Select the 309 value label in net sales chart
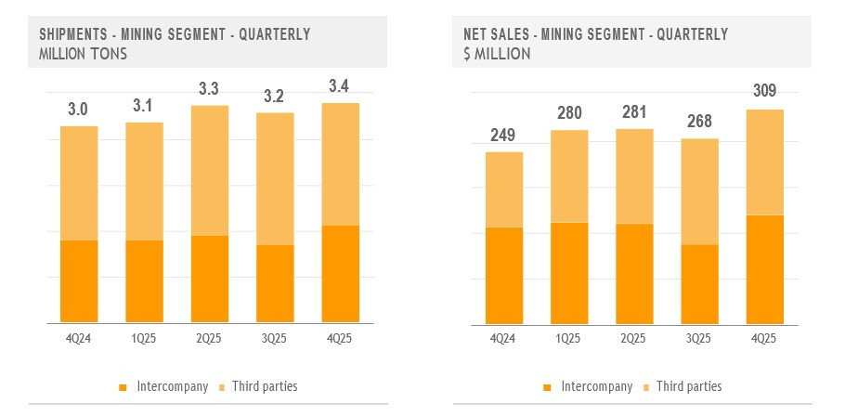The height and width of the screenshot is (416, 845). (765, 91)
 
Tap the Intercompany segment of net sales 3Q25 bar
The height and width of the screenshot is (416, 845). (699, 283)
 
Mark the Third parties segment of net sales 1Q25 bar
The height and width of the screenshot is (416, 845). (568, 176)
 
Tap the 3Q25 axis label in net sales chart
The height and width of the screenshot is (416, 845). (699, 338)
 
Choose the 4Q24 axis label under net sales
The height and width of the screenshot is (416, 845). (503, 338)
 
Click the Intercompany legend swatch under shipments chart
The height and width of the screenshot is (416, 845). (123, 385)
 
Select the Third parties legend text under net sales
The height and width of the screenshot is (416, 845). (689, 385)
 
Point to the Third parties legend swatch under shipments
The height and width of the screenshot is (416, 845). (222, 385)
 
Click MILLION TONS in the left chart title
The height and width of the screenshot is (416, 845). (84, 54)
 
